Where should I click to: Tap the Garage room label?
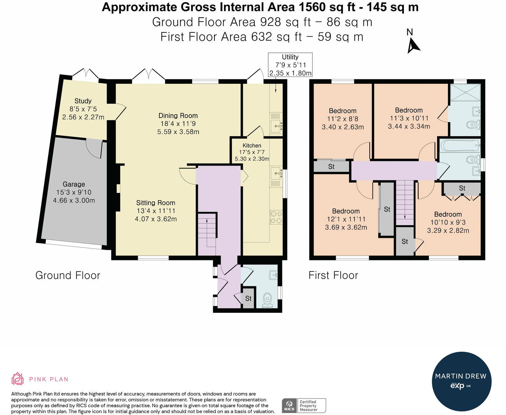point(74,184)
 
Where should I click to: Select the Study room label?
point(83,101)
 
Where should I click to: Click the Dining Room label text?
point(178,115)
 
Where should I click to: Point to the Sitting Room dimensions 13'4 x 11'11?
point(156,211)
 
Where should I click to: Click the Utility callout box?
point(290,65)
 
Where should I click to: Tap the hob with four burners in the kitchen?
point(276,217)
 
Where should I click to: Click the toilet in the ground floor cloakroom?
point(268,299)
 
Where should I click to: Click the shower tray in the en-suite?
point(465,92)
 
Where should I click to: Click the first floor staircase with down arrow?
point(405,202)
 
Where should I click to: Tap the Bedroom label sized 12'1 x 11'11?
point(346,211)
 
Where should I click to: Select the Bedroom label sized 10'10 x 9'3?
point(447,214)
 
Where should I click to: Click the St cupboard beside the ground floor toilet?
point(248,298)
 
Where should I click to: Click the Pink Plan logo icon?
point(18,379)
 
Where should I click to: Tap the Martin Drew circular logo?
point(461,381)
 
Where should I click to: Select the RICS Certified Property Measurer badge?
point(304,406)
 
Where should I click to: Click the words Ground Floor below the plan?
point(68,275)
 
